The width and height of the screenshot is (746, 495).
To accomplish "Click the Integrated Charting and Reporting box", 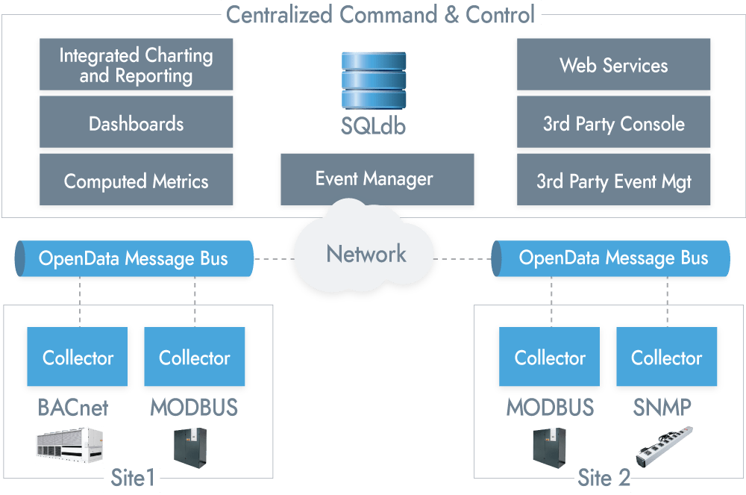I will pos(137,65).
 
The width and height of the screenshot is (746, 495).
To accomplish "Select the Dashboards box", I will pos(137,123).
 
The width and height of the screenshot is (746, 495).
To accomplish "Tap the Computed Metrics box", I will pos(137,181).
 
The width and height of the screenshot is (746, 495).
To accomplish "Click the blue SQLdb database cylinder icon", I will pos(374,81).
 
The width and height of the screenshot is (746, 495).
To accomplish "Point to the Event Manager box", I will pos(375,179).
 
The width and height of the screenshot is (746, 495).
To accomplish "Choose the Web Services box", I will pos(614,65).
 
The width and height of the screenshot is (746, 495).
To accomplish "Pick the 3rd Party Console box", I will pos(614,123).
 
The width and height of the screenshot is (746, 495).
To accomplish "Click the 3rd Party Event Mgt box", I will pos(614,181).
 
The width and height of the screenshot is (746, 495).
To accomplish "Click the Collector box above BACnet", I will pos(78,358).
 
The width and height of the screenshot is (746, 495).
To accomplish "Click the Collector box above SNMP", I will pos(667,358).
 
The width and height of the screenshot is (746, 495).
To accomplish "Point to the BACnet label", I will pos(73,408).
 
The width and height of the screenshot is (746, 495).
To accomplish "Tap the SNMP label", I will pos(662,408).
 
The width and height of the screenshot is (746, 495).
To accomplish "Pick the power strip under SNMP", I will pos(664,446).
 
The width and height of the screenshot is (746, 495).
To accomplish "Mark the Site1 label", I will pos(132,479).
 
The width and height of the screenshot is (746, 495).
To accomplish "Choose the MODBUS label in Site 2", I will pos(551,408).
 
